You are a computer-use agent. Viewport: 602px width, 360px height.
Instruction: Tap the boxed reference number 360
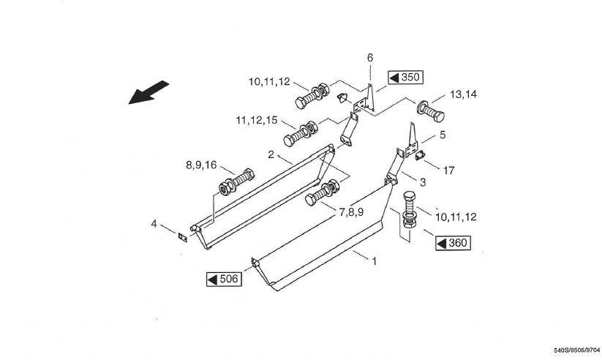(454, 243)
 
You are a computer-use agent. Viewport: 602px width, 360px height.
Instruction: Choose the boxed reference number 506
(224, 280)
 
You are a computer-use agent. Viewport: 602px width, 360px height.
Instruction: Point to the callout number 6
(370, 57)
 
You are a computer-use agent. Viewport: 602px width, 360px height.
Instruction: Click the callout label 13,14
(464, 94)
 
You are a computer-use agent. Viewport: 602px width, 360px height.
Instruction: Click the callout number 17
(448, 170)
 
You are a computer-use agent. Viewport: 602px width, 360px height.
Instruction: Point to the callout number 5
(442, 135)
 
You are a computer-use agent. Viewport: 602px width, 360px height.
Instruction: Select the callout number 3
(423, 181)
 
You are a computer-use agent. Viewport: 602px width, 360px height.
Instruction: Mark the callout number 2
(271, 155)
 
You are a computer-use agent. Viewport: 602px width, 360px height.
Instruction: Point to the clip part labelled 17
(420, 154)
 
